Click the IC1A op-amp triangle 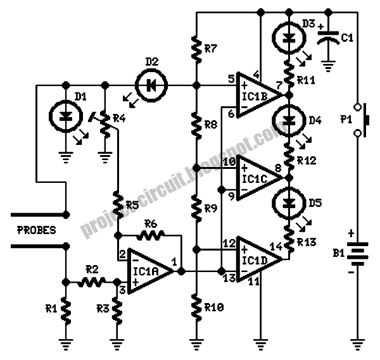click(x=149, y=271)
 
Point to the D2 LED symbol click(x=150, y=84)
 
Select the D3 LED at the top click(x=289, y=36)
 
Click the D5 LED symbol click(x=289, y=203)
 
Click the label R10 click(x=213, y=308)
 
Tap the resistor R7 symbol click(x=196, y=48)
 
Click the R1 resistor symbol click(x=65, y=310)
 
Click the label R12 click(x=307, y=161)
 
